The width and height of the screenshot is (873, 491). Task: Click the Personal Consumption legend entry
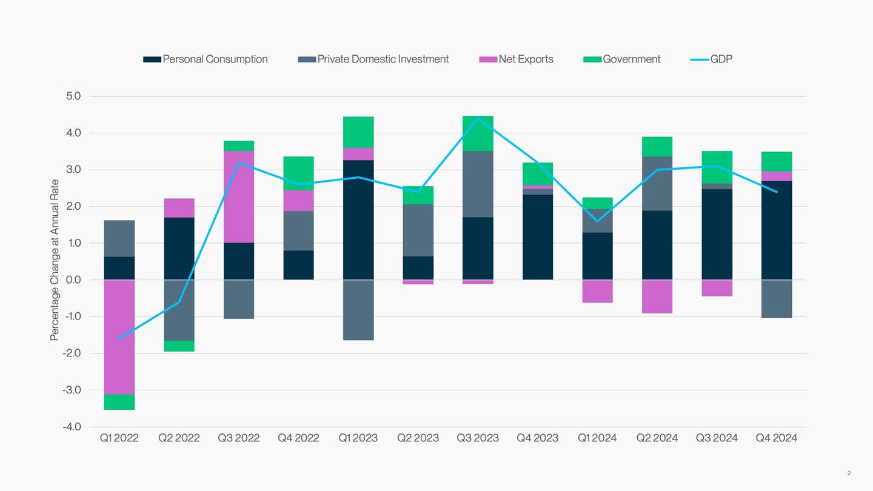pyautogui.click(x=206, y=59)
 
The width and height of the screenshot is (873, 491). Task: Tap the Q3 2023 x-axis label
pyautogui.click(x=477, y=438)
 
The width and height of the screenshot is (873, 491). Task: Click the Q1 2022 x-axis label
pyautogui.click(x=119, y=438)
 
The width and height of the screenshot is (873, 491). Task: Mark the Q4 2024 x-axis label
pyautogui.click(x=776, y=438)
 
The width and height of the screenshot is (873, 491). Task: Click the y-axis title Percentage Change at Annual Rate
pyautogui.click(x=55, y=259)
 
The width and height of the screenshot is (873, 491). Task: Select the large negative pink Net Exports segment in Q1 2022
pyautogui.click(x=119, y=337)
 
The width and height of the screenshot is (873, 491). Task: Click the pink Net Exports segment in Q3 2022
pyautogui.click(x=239, y=197)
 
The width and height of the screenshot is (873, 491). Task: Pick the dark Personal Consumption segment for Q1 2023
pyautogui.click(x=358, y=220)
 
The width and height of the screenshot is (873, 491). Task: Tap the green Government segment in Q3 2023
pyautogui.click(x=478, y=133)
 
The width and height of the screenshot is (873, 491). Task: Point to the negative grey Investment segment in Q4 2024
pyautogui.click(x=777, y=299)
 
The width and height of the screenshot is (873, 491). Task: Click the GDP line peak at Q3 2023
pyautogui.click(x=478, y=118)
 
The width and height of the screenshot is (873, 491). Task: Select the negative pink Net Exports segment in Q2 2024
pyautogui.click(x=657, y=296)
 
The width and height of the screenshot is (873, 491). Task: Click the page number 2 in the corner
pyautogui.click(x=849, y=473)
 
